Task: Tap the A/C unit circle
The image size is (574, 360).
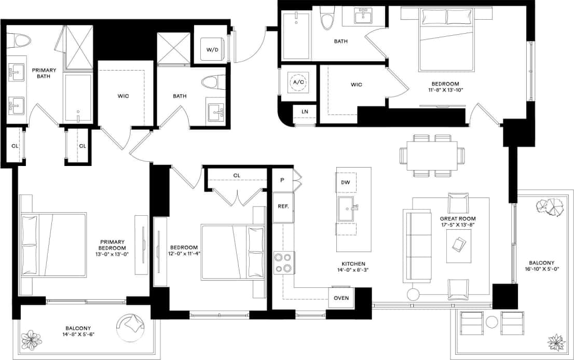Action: tap(298, 82)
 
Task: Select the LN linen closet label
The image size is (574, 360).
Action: tap(305, 112)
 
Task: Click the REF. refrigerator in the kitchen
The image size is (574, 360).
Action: tap(283, 206)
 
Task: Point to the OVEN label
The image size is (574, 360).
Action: tap(341, 298)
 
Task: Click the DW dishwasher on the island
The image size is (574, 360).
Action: tap(346, 182)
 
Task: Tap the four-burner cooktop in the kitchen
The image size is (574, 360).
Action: tap(284, 262)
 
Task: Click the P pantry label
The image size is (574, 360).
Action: tap(282, 180)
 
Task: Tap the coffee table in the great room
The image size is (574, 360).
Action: tap(459, 244)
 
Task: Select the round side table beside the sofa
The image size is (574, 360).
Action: tap(413, 295)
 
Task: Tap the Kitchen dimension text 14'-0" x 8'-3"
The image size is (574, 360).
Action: tap(353, 270)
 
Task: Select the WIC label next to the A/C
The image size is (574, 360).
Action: tap(356, 85)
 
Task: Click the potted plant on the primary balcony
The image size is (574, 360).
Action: tap(32, 340)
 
